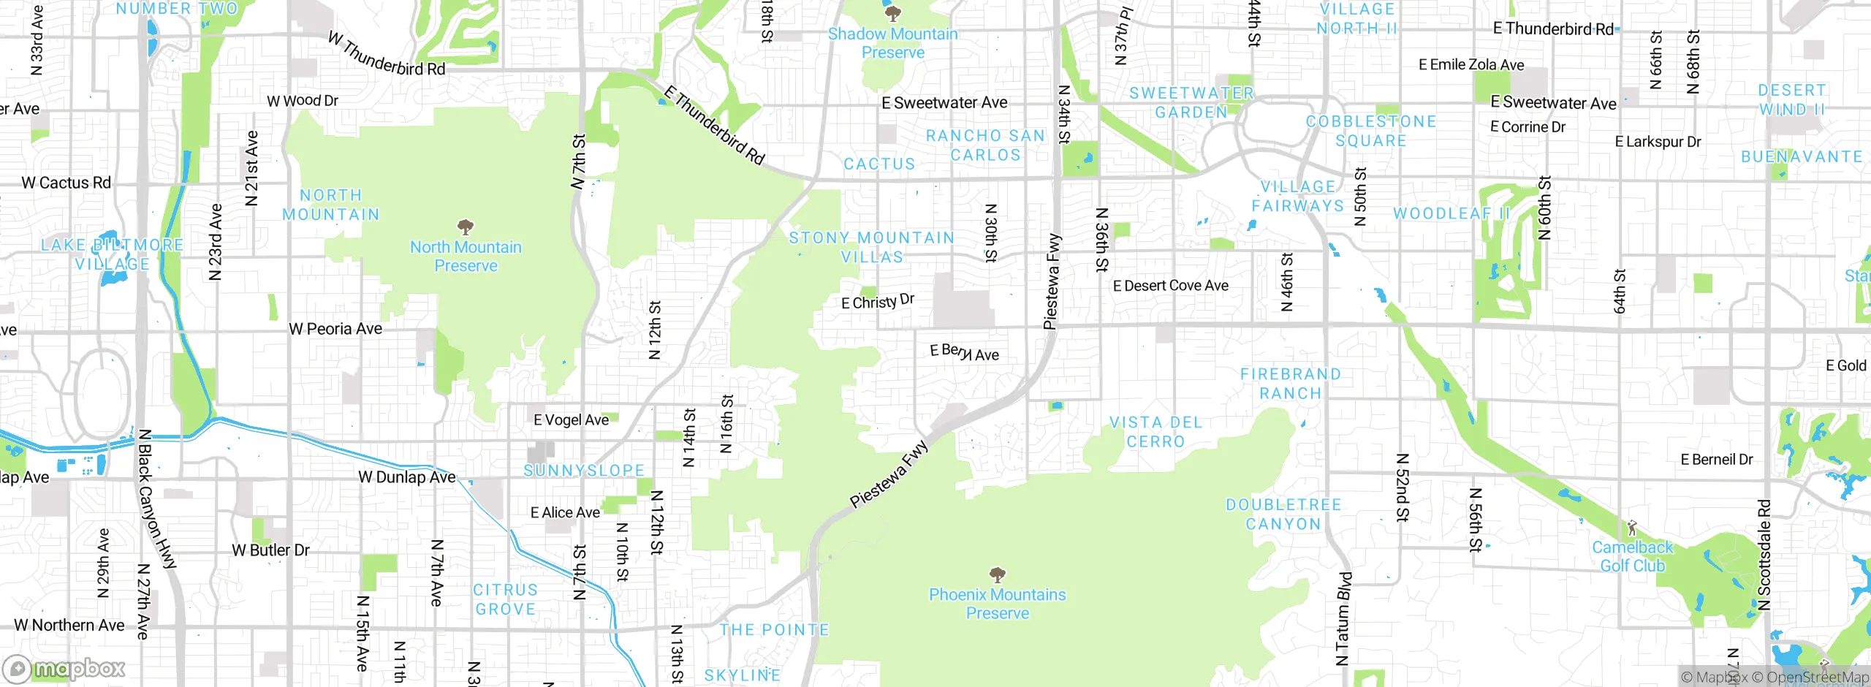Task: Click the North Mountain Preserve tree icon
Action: pyautogui.click(x=465, y=226)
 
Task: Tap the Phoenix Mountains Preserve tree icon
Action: pyautogui.click(x=997, y=574)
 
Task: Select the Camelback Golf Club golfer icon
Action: pyautogui.click(x=1632, y=527)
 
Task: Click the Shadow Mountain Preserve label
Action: pyautogui.click(x=892, y=43)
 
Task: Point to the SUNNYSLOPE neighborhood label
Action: pyautogui.click(x=584, y=471)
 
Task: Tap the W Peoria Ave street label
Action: pyautogui.click(x=335, y=329)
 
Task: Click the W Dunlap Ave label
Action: pyautogui.click(x=406, y=477)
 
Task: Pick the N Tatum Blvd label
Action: pyautogui.click(x=1343, y=618)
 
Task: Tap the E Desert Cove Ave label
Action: pyautogui.click(x=1170, y=286)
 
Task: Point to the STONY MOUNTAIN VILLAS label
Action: pyautogui.click(x=872, y=247)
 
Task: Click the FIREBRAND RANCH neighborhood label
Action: pyautogui.click(x=1291, y=384)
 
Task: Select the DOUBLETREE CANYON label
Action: pyautogui.click(x=1283, y=515)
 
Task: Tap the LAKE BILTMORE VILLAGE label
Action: pyautogui.click(x=112, y=254)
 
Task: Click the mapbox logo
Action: pyautogui.click(x=64, y=669)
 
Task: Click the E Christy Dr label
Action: pyautogui.click(x=877, y=301)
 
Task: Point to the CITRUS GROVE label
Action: pyautogui.click(x=505, y=599)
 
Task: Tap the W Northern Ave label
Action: pyautogui.click(x=69, y=626)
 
